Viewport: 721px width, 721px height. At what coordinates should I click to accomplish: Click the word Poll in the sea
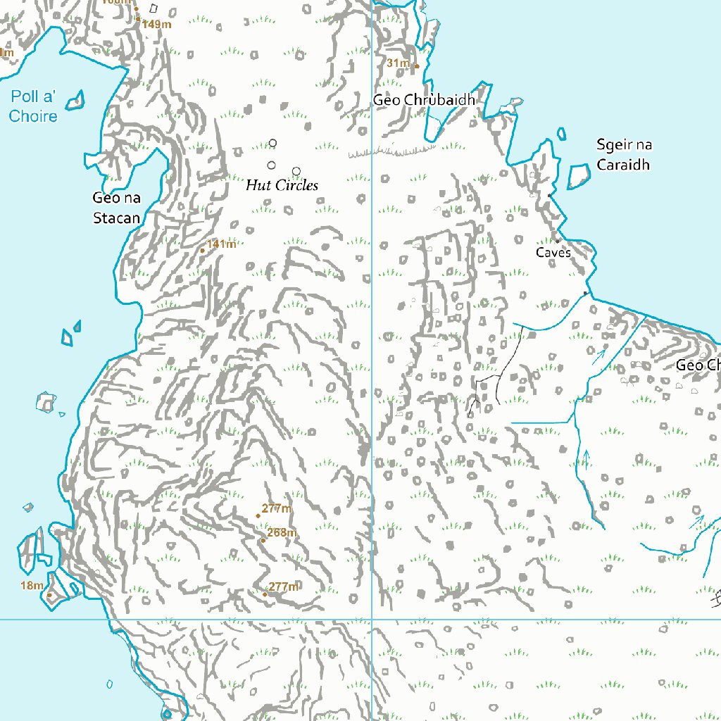25,97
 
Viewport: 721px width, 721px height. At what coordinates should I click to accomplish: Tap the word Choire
33,116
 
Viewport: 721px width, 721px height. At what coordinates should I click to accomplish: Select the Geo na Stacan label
117,208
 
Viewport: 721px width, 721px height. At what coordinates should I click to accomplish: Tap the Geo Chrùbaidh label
424,100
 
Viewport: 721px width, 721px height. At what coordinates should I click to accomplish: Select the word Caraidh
623,165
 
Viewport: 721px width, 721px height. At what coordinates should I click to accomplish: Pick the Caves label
553,252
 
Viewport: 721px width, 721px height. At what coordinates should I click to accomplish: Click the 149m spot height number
156,24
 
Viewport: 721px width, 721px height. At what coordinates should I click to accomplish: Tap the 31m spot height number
398,63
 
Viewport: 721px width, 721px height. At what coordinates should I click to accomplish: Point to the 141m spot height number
221,244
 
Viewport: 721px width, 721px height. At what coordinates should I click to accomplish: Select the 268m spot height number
282,532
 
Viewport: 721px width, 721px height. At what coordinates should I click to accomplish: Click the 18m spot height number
32,585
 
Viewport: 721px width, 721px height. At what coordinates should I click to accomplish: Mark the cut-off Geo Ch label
698,365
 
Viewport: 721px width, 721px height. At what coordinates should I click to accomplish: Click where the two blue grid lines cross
372,620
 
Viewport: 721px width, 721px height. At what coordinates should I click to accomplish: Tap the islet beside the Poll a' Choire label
75,100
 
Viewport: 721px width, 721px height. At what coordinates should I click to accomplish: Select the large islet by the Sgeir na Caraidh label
579,175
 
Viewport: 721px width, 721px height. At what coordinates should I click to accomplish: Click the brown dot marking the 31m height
416,67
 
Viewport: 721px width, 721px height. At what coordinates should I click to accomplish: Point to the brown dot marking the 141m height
203,250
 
